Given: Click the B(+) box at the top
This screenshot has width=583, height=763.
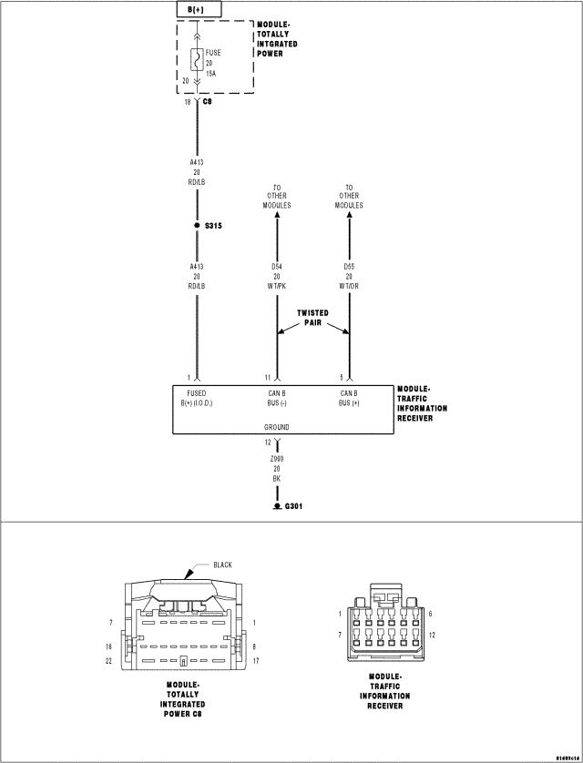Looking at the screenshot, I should click(x=197, y=9).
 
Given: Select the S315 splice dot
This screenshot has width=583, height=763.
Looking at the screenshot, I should click(x=198, y=225).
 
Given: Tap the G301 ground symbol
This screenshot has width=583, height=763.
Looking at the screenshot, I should click(x=277, y=505).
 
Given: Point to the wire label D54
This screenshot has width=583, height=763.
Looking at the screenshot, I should click(x=277, y=267).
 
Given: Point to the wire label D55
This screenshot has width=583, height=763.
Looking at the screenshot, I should click(x=349, y=267).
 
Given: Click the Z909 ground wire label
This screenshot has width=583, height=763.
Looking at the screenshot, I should click(x=277, y=460).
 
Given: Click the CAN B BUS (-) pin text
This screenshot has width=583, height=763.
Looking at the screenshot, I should click(x=277, y=398).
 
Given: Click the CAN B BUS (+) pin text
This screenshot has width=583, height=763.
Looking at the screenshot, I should click(x=349, y=398).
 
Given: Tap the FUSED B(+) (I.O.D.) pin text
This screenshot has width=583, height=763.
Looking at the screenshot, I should click(x=197, y=398).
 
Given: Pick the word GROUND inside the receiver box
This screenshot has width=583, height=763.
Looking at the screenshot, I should click(x=277, y=426).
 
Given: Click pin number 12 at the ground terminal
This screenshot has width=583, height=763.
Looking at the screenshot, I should click(x=269, y=442).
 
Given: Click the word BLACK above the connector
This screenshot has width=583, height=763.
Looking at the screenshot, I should click(x=222, y=565).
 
